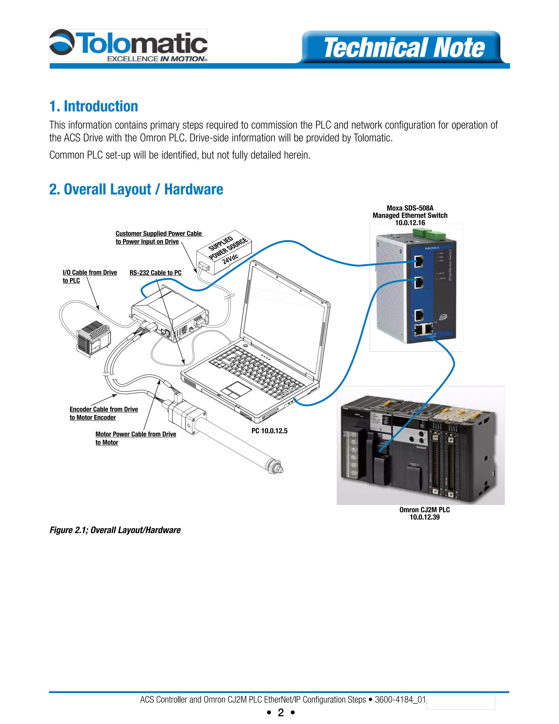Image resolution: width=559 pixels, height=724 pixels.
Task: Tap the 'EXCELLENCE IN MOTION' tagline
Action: (x=156, y=59)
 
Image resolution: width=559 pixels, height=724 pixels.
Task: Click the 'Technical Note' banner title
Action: (x=404, y=48)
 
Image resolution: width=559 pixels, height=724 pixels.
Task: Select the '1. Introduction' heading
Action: (x=93, y=106)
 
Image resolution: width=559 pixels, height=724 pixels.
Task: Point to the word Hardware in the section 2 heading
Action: (x=194, y=189)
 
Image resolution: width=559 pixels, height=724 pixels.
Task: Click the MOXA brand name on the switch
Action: (x=432, y=248)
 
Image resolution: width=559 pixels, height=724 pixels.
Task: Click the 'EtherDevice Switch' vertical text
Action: (x=450, y=265)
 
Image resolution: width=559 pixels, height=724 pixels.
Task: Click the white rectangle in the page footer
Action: (x=460, y=702)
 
